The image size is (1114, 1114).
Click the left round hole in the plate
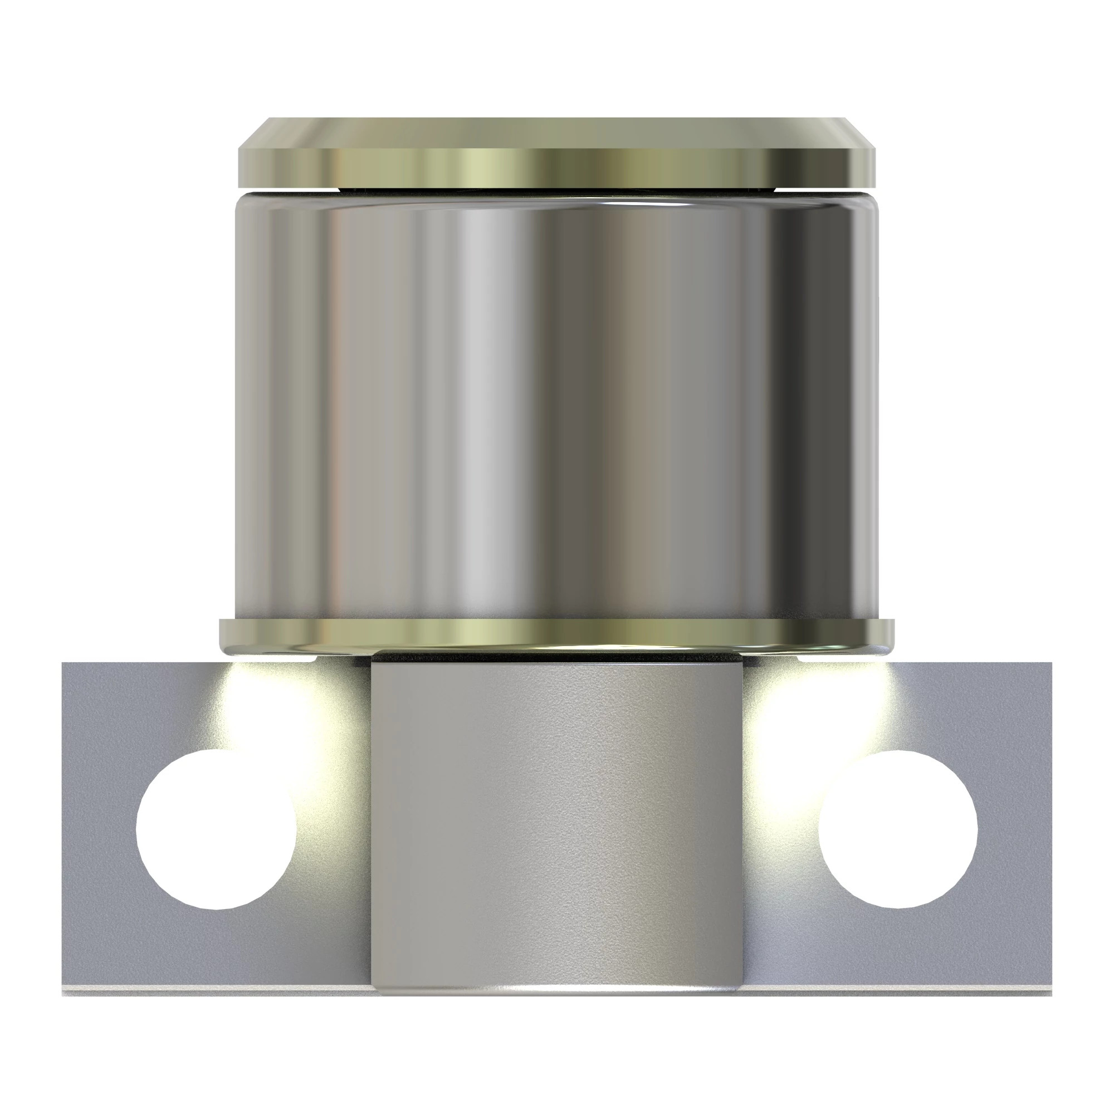(216, 830)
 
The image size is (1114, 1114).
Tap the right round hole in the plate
(897, 829)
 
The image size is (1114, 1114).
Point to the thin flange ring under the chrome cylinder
(556, 634)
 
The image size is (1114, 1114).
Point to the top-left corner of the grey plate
(63, 664)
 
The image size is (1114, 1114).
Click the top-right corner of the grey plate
(1051, 664)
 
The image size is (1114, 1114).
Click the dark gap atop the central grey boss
(556, 656)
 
